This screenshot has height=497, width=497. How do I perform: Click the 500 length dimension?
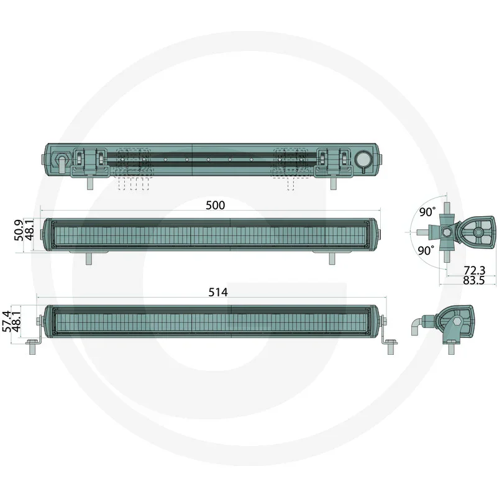coord(215,205)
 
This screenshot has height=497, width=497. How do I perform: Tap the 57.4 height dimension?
coord(7,322)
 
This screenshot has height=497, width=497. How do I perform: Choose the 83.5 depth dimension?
coord(474,280)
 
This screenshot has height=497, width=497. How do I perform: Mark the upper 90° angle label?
coord(427,212)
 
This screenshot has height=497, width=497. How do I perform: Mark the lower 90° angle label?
coord(426,250)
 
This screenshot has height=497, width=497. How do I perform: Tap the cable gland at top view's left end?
coord(62,160)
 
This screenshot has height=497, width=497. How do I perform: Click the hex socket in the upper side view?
coord(446,232)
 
